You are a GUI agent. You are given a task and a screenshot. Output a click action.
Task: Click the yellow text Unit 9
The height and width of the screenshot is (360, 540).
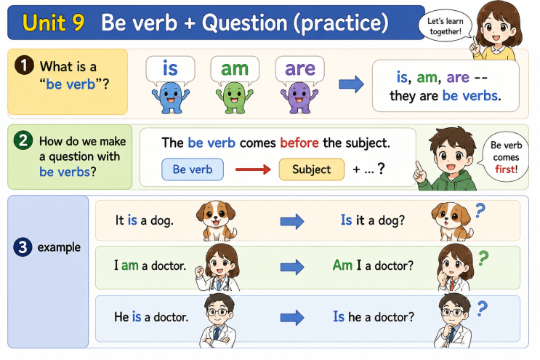coord(53,23)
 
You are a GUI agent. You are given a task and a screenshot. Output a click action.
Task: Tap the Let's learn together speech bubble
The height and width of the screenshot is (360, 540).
coord(445,26)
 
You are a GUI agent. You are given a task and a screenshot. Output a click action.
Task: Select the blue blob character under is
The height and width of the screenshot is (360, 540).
coord(171,98)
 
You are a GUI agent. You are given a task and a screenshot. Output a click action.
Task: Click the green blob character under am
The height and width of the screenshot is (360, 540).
coord(235,98)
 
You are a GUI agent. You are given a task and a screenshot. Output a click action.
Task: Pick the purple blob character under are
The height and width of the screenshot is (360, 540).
coord(299,98)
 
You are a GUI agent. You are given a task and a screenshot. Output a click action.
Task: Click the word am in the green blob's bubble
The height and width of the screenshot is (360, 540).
coord(235,68)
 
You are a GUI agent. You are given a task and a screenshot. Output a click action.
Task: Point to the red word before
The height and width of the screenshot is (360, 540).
coord(299,143)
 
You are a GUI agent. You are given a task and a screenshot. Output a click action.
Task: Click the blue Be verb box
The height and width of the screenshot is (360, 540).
coord(193,169)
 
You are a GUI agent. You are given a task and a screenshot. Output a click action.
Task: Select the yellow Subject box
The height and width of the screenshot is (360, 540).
coord(311,169)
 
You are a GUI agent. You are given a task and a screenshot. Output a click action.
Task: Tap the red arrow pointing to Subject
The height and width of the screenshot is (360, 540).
coord(253,169)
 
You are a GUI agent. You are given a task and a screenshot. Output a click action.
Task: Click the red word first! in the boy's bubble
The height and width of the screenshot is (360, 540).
coord(507,169)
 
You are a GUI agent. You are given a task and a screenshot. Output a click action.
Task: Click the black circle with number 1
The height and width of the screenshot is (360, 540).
coord(24,65)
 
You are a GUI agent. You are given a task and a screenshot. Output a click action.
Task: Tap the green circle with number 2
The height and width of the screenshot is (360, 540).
coord(23,140)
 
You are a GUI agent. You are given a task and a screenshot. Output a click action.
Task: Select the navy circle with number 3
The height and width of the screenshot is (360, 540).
coord(23,247)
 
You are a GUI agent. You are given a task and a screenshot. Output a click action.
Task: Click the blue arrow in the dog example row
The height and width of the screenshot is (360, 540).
coord(292,221)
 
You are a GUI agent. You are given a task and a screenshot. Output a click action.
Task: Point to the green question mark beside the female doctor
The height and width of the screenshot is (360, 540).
coord(483,258)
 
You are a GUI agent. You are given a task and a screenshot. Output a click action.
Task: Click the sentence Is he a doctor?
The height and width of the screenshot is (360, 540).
coord(374,316)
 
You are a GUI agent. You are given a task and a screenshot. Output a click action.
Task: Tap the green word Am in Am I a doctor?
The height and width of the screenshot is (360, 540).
coord(342,265)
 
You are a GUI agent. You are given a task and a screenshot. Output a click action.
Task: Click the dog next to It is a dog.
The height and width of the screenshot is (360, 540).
coord(217,221)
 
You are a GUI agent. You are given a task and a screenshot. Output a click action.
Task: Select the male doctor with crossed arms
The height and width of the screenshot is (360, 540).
coord(218,320)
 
